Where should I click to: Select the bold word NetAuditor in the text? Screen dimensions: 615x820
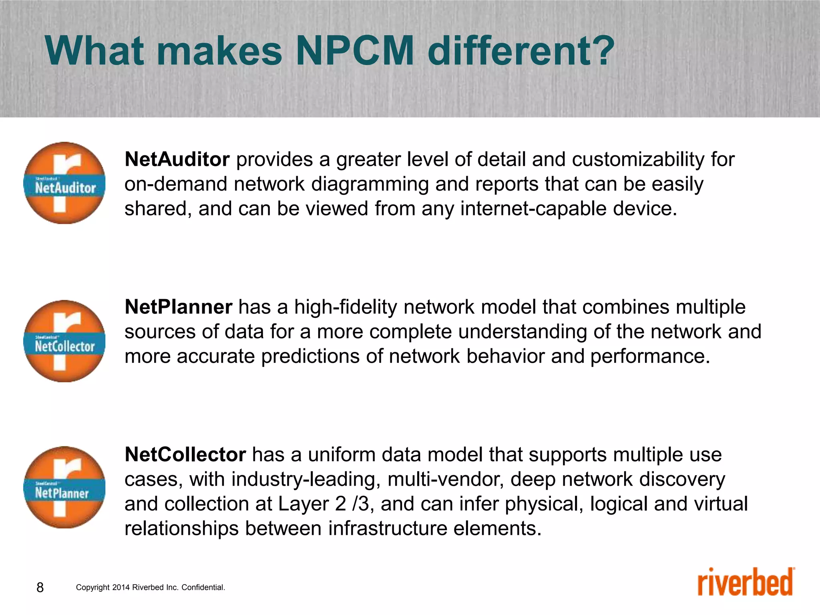(x=177, y=159)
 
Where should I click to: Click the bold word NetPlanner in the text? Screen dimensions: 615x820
(x=178, y=307)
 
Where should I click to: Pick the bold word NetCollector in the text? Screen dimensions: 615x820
(x=185, y=454)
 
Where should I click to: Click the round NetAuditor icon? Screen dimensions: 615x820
(x=64, y=183)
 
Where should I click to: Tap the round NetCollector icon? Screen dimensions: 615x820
(x=64, y=341)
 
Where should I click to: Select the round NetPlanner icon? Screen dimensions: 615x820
(x=64, y=487)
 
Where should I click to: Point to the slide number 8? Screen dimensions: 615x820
(x=40, y=587)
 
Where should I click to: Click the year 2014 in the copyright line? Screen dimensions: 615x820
(x=121, y=587)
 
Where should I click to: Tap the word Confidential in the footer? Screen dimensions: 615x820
(x=203, y=587)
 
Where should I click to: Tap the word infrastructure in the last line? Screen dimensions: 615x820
(x=388, y=529)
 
